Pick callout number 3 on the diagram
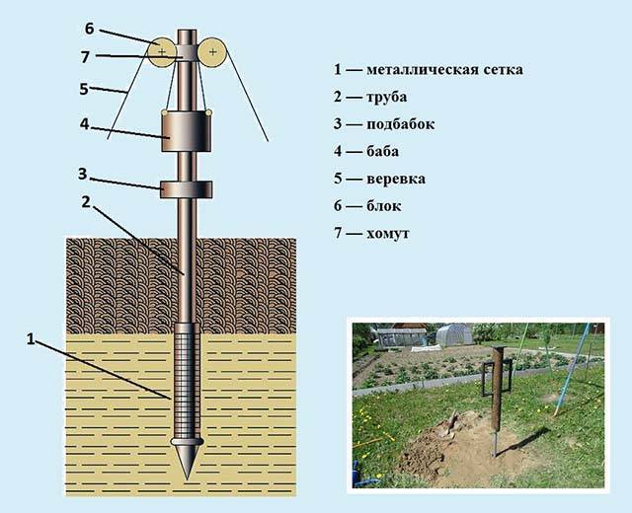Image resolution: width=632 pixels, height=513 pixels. coord(85,175)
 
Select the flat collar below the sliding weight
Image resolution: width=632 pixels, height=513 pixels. coord(185,186)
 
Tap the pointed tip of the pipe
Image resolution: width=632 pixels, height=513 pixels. coord(186,468)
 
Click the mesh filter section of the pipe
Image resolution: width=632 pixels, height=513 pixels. coord(186,385)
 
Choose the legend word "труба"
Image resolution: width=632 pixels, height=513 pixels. coord(385,98)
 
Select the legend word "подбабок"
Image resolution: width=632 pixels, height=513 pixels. coord(400,124)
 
